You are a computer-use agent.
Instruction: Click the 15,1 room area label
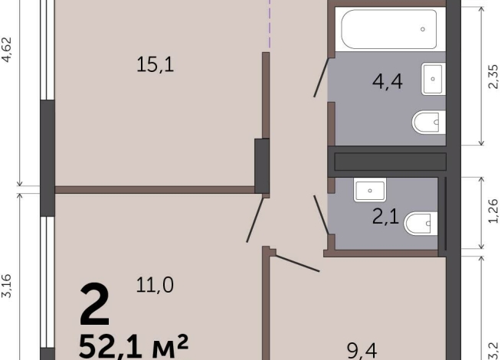coord(156,64)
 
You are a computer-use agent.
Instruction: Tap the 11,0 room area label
coord(155,285)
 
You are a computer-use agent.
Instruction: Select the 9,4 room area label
coord(362,351)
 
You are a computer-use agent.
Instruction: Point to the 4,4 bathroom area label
coord(388,81)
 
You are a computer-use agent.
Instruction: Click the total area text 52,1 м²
coord(133,346)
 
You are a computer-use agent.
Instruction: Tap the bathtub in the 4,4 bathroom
coord(389,29)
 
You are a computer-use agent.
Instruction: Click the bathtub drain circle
coord(423,29)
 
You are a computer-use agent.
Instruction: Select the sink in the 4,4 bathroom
coord(434,79)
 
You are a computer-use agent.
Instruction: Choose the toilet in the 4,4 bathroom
coord(429,123)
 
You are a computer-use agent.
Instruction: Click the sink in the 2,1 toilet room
coord(370,190)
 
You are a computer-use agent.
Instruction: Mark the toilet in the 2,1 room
coord(421,224)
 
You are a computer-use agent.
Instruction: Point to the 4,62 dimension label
coord(7,50)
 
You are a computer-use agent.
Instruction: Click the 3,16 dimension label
coord(7,286)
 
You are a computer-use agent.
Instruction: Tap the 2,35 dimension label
coord(493,77)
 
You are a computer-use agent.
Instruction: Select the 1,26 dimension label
coord(493,211)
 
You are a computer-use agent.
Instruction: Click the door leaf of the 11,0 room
coord(255,220)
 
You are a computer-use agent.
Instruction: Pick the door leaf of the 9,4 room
coord(297,263)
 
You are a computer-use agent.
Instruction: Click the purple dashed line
coord(270,24)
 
